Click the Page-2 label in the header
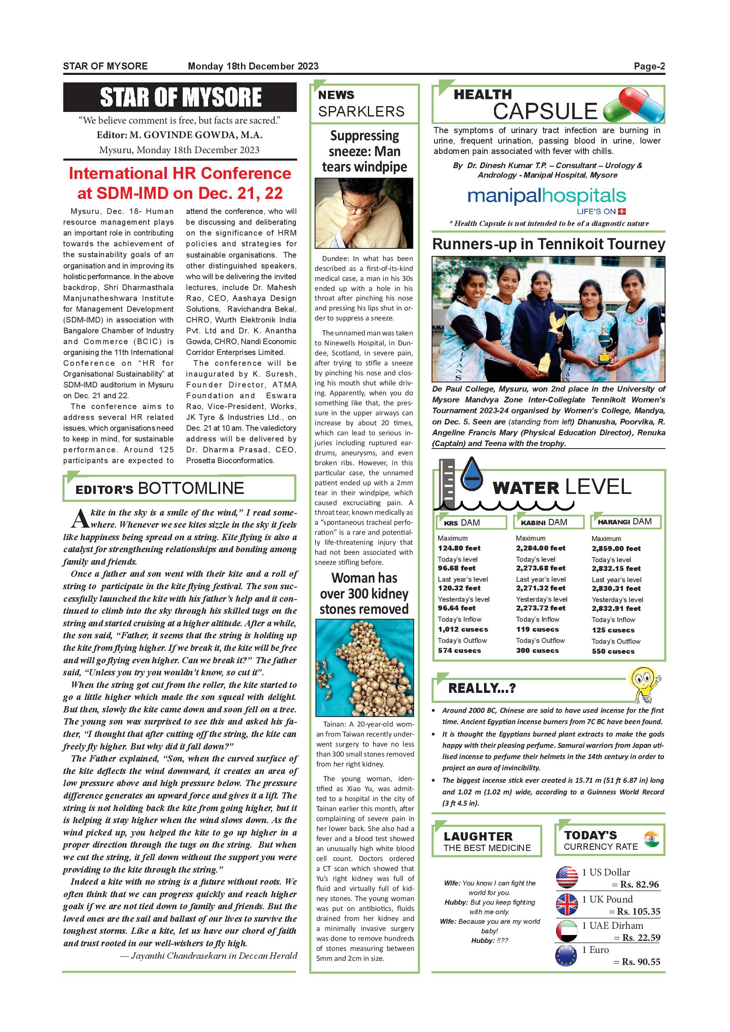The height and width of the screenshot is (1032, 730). click(649, 67)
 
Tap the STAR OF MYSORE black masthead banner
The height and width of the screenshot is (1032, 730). click(180, 97)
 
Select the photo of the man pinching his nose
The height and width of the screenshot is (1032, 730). click(364, 213)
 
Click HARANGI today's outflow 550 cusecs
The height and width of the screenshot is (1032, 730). click(613, 651)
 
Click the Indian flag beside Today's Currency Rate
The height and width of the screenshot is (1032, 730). click(651, 839)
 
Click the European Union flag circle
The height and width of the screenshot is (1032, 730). click(566, 956)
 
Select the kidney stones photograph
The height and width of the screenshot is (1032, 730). click(364, 667)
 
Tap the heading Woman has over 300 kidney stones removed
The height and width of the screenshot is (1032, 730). click(364, 593)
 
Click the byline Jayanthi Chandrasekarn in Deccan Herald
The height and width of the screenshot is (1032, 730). click(209, 956)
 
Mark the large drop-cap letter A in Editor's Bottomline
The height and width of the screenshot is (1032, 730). click(79, 518)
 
